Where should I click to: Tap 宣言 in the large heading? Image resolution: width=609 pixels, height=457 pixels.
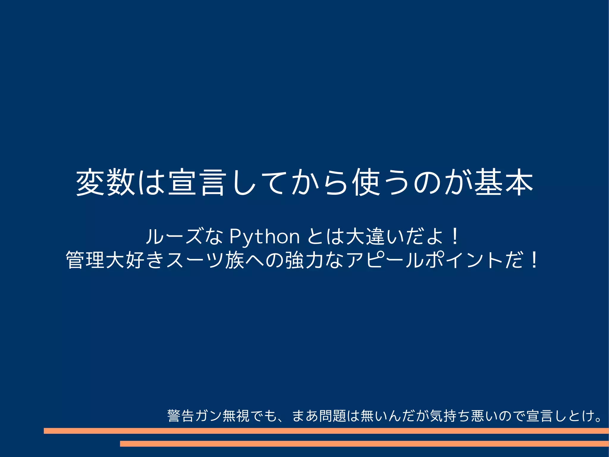[196, 182]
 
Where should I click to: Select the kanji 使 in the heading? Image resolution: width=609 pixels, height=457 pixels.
[366, 182]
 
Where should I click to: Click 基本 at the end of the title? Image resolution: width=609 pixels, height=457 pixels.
[504, 182]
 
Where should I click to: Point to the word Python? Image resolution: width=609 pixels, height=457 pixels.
[265, 237]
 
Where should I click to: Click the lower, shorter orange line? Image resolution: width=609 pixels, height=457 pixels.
[364, 444]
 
